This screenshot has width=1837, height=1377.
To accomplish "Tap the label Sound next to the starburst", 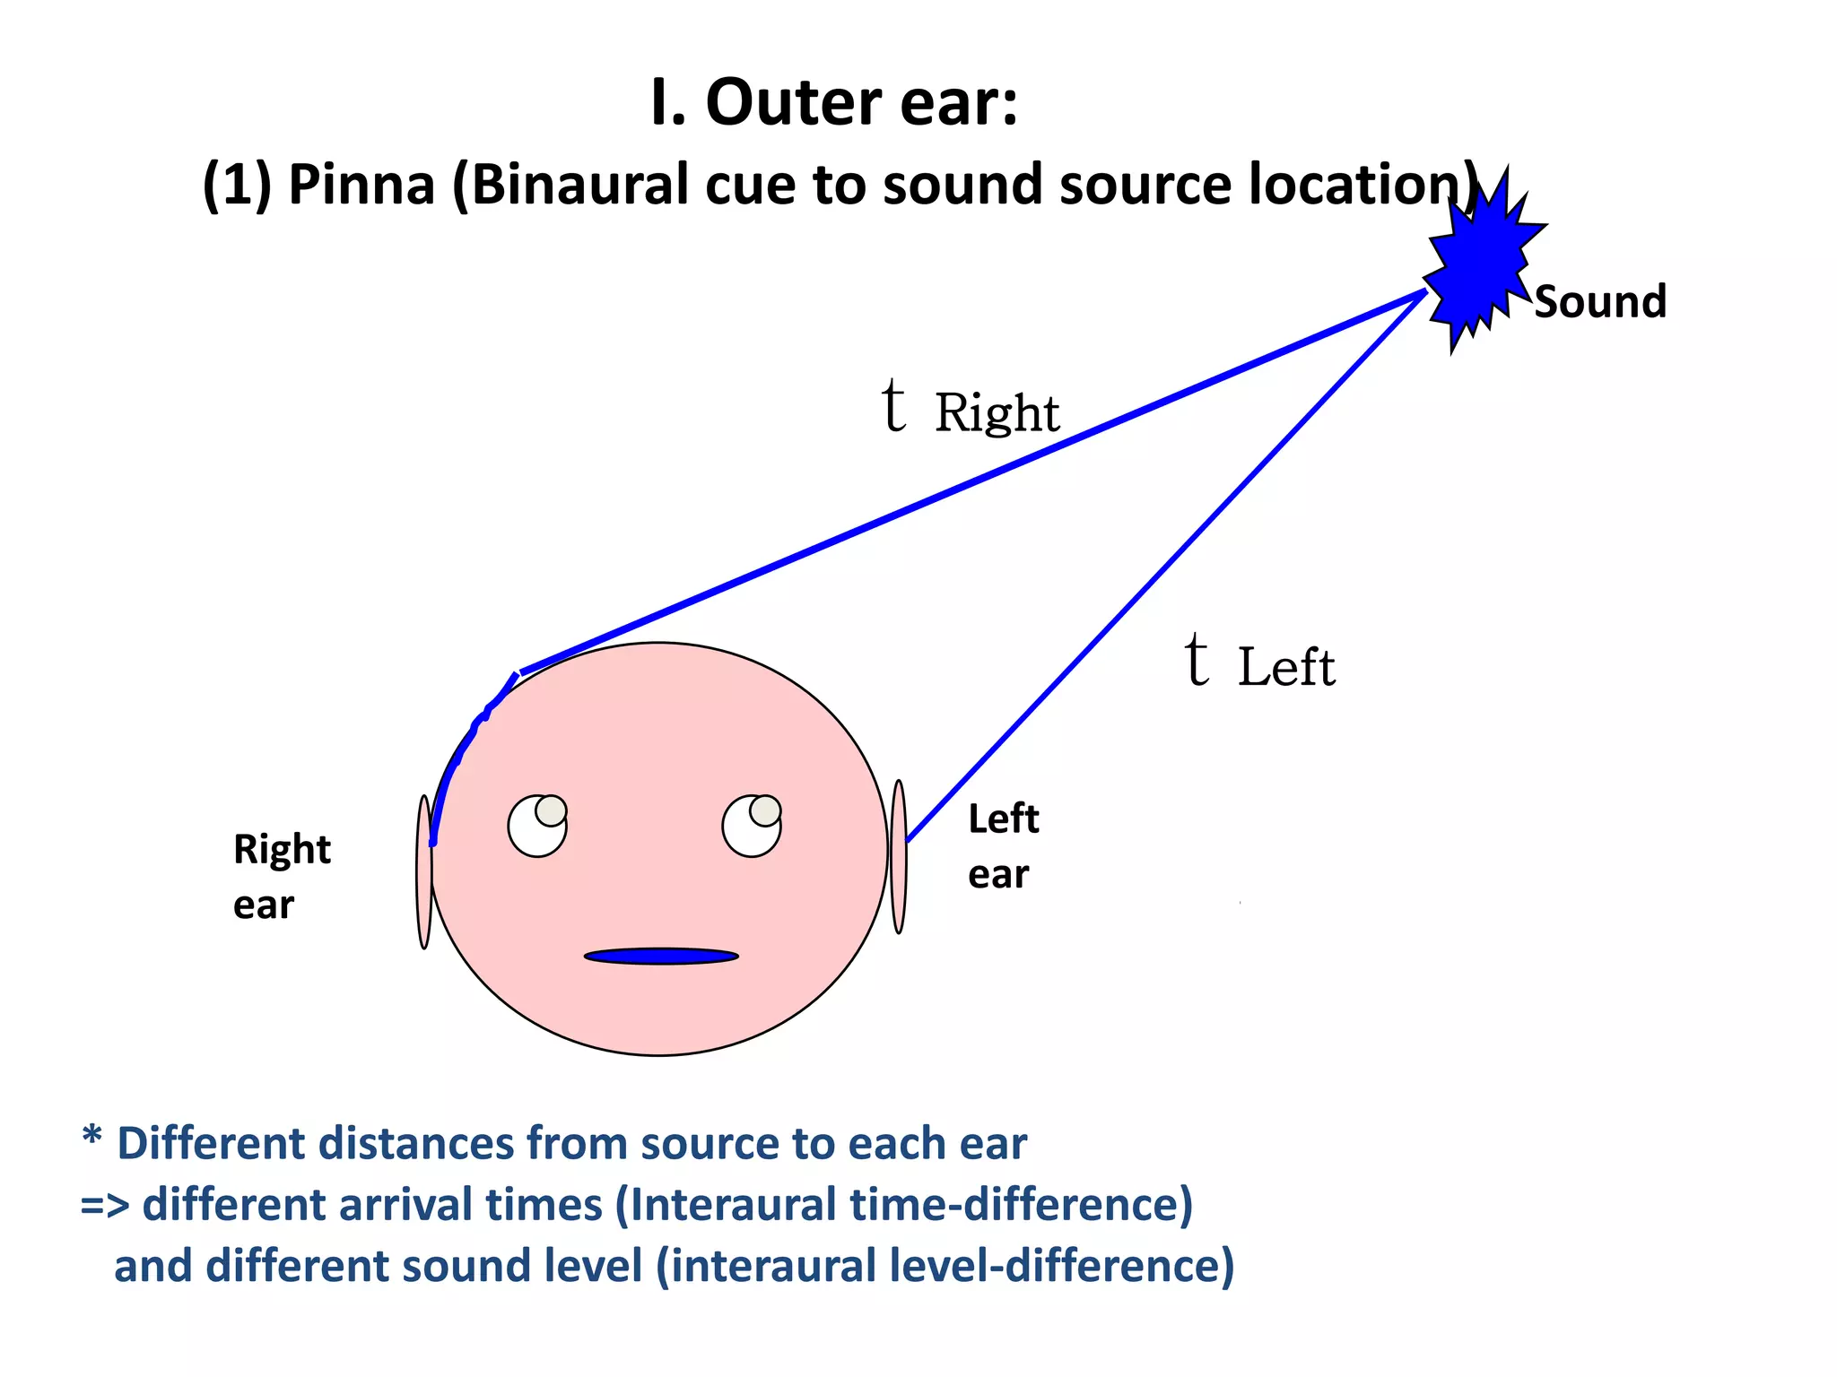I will [x=1600, y=302].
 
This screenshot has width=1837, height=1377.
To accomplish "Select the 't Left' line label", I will [x=1259, y=663].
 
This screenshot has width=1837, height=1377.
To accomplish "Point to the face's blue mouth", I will [x=661, y=956].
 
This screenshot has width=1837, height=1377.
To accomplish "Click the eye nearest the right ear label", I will [x=537, y=825].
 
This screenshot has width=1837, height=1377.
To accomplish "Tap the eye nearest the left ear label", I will [x=752, y=825].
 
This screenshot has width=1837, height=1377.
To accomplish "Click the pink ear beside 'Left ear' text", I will [x=899, y=856].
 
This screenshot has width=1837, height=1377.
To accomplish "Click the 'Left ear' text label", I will [x=1003, y=846].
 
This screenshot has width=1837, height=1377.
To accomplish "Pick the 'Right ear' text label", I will [x=281, y=877].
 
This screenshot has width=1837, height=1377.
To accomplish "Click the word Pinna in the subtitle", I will [x=361, y=186].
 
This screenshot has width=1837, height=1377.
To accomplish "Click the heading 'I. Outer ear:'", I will [x=834, y=103].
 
